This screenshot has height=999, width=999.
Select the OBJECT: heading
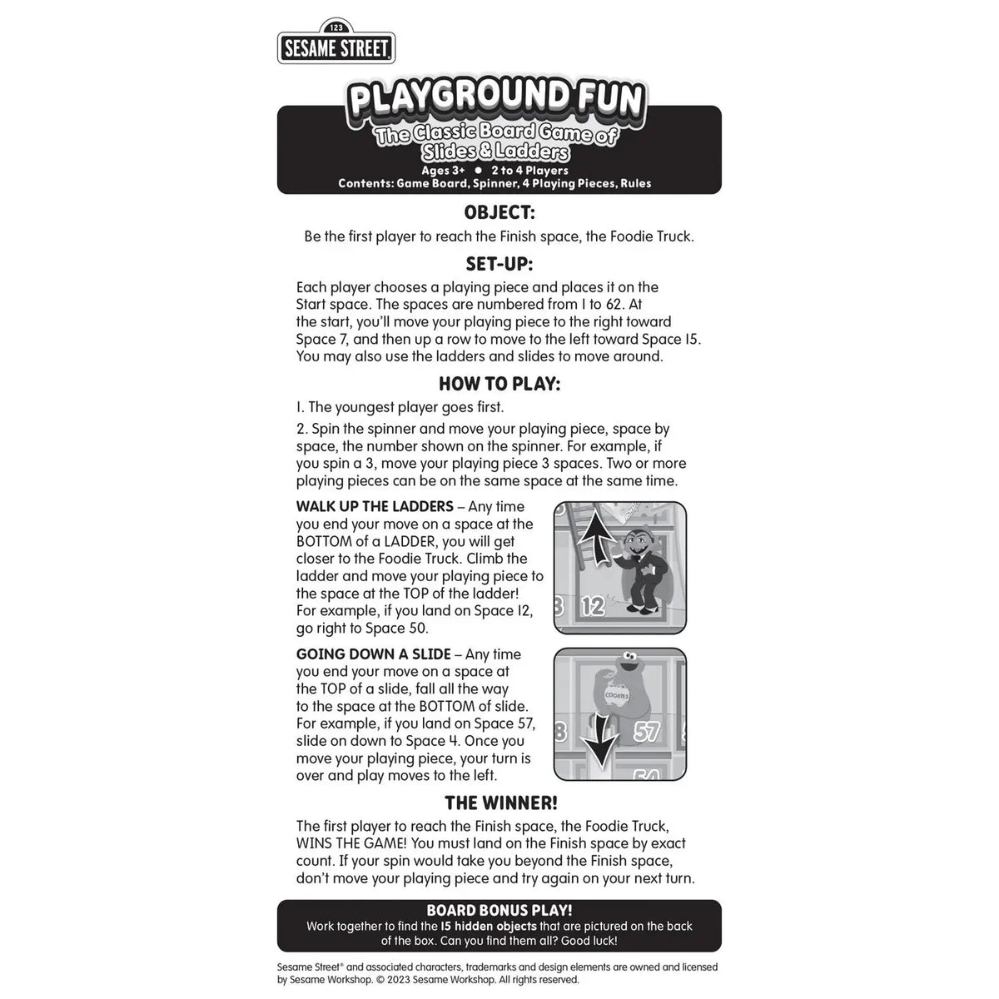coord(499,212)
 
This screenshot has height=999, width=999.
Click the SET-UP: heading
coord(499,264)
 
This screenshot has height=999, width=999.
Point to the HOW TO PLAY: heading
coord(499,384)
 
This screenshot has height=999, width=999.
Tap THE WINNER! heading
coord(500,803)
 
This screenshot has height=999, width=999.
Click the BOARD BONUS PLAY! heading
coord(499,911)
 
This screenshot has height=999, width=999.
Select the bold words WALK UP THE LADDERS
coord(375,506)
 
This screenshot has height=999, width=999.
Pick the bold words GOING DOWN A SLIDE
coord(374,654)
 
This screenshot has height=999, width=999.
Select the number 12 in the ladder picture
coord(592,606)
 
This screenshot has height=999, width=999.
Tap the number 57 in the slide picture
coord(647,732)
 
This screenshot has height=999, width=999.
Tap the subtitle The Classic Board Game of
coord(496,136)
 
